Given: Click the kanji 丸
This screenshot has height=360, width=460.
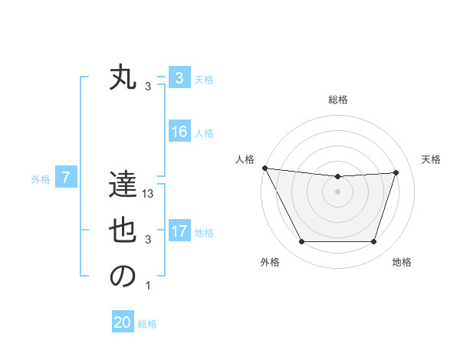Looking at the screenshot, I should point(123,78).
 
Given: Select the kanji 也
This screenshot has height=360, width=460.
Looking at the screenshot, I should point(123,231).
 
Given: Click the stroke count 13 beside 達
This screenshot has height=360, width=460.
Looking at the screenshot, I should point(149,195).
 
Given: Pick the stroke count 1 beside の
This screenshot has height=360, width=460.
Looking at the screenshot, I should point(148,286).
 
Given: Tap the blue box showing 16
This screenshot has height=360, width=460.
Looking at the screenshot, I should point(179,132).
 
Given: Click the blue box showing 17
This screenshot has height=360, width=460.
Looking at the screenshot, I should point(179,231).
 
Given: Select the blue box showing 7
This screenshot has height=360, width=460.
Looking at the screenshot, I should point(66,178).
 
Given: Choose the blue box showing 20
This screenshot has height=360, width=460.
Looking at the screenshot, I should point(123,322).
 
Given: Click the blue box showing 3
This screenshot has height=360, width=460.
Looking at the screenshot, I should point(179,78).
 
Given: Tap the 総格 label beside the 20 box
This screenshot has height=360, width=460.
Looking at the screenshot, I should point(147,324).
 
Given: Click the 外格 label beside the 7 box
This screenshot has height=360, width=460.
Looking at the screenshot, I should point(41,179).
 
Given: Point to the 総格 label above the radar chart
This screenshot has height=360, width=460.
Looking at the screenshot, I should point(337,100).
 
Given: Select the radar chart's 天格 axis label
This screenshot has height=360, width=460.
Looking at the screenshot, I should point(432,159).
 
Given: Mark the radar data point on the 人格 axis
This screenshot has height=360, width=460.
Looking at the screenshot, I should point(264,168).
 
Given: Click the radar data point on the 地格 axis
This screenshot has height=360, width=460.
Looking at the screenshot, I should point(374,242).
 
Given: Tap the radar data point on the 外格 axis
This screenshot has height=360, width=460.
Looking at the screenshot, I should point(301,242).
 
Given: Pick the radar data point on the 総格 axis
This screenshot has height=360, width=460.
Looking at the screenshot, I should point(337,177).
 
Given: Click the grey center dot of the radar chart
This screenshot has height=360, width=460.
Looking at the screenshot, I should point(337,191).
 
